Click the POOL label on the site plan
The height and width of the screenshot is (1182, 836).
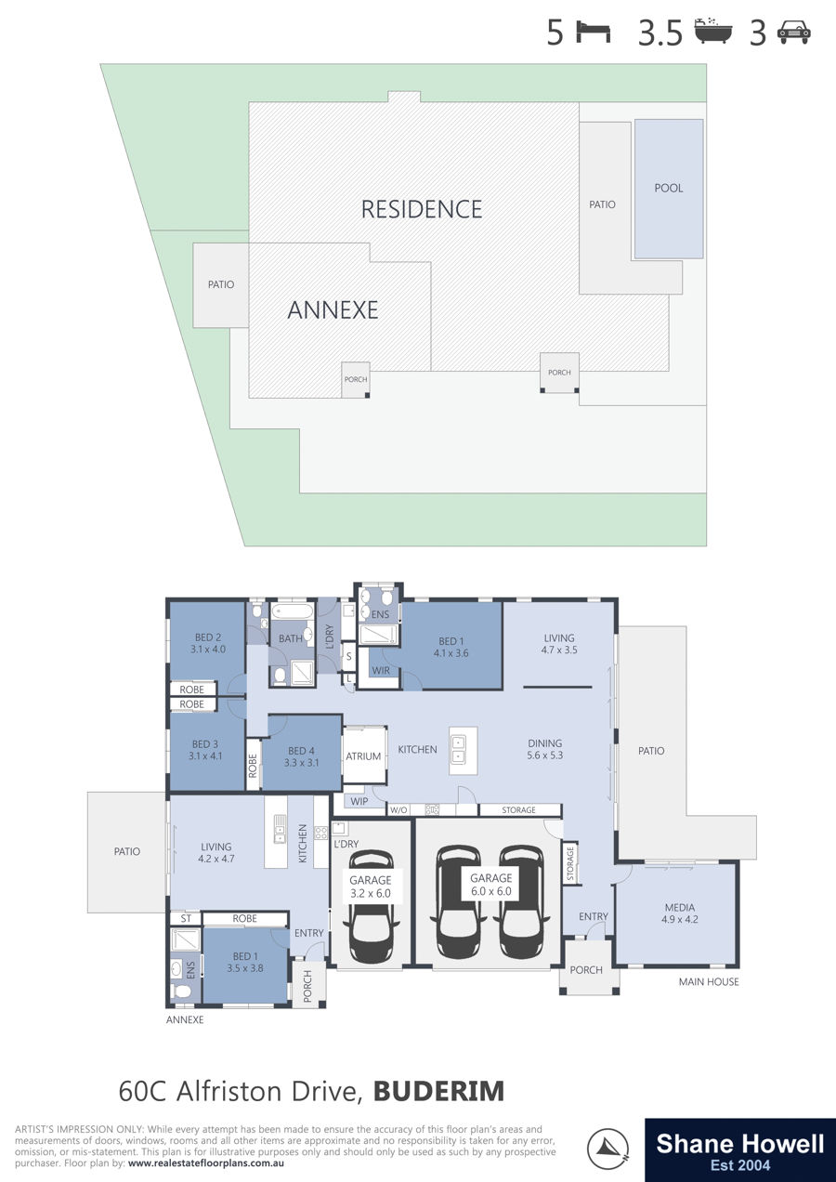tap(668, 188)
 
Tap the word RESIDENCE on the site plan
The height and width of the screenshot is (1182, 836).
tap(422, 209)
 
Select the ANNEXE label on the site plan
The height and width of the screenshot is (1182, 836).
tap(333, 309)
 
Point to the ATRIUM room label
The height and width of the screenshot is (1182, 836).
tap(363, 756)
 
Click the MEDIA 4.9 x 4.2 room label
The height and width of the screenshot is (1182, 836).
tap(679, 913)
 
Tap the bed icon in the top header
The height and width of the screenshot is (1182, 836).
tap(593, 32)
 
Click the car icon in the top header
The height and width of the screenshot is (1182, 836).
tap(794, 33)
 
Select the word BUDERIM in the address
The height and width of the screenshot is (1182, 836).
tap(438, 1092)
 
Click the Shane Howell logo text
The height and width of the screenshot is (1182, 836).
tap(740, 1144)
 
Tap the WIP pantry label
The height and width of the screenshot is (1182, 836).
tap(359, 802)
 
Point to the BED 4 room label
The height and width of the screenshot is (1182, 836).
tap(301, 756)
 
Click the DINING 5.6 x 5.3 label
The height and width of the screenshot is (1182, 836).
tap(545, 749)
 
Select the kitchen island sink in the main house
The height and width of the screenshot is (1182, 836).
tap(458, 750)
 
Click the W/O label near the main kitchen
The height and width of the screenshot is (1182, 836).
tap(398, 810)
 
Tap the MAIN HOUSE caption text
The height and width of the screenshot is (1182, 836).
tap(709, 981)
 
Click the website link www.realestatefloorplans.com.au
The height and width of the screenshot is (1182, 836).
tap(205, 1163)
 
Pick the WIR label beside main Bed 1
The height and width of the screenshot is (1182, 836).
tap(380, 670)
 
